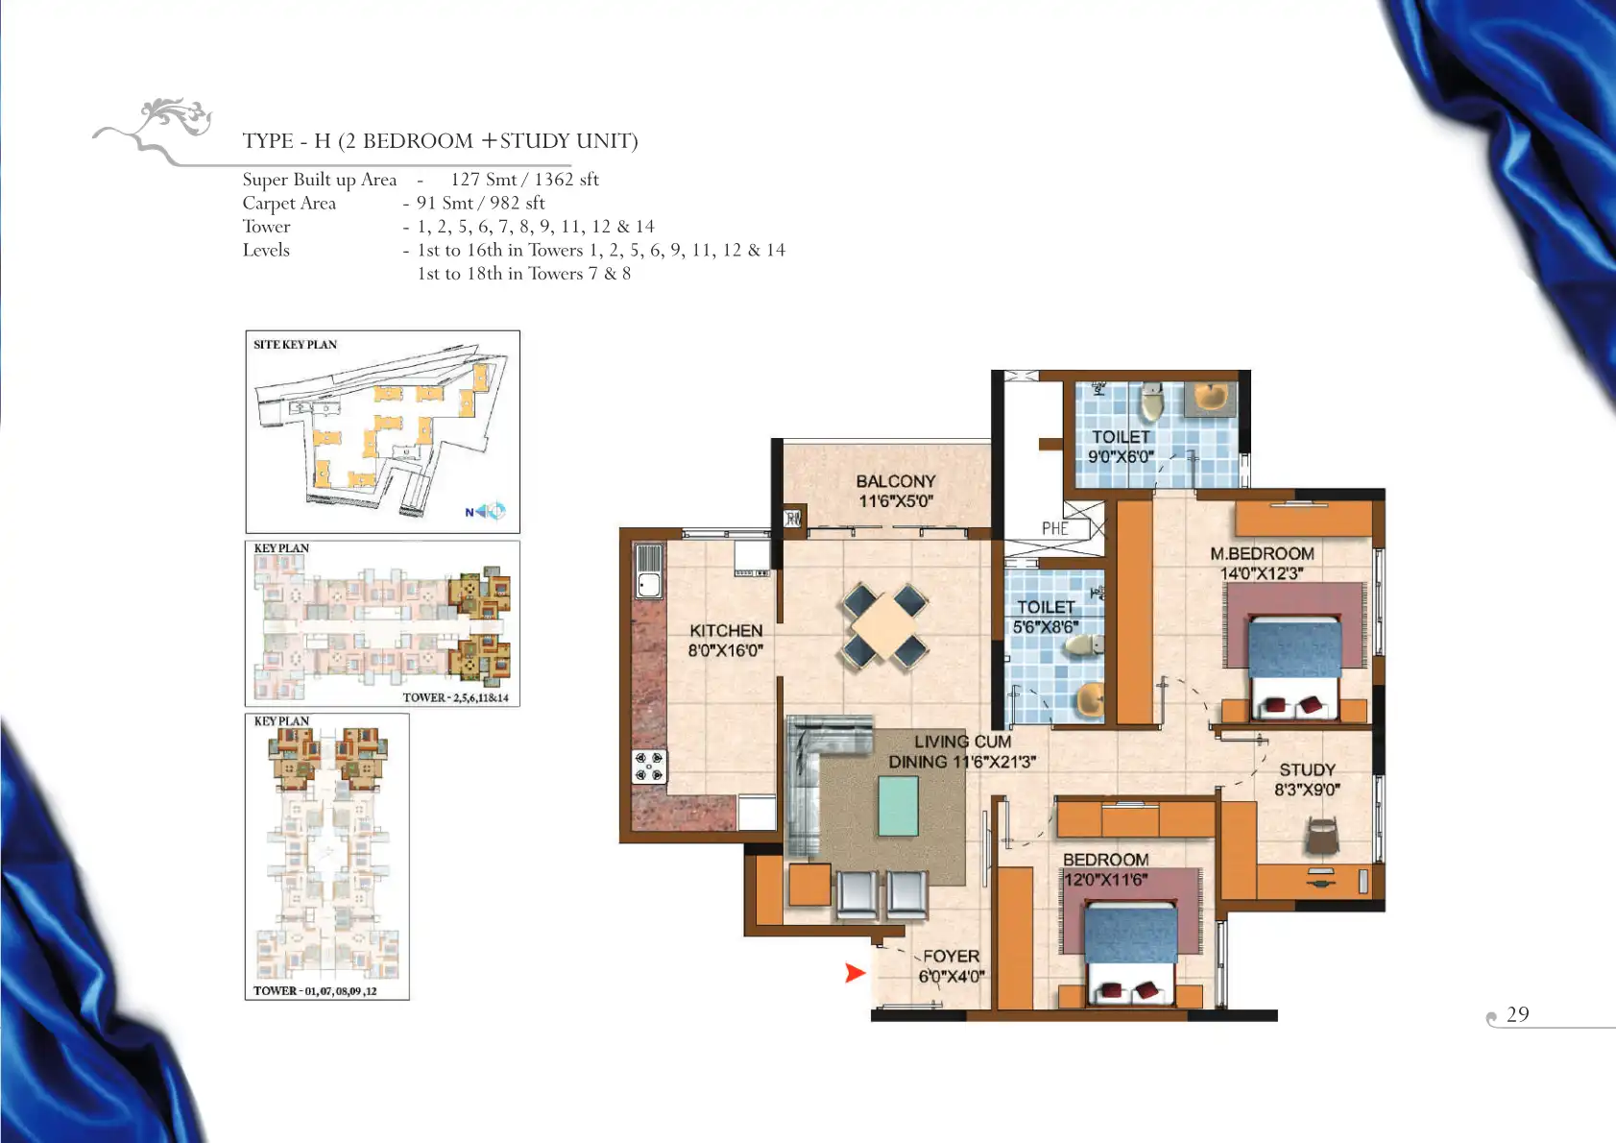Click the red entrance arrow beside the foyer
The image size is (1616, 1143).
coord(855,973)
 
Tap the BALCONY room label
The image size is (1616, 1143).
coord(896,481)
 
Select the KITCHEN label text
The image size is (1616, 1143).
coord(726,631)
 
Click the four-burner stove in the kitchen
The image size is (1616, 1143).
coord(649,767)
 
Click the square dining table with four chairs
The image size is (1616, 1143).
coord(883,626)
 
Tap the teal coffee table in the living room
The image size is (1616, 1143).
coord(898,806)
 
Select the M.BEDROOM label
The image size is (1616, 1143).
coord(1262,553)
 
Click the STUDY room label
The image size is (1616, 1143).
coord(1307,770)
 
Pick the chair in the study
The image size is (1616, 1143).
coord(1321,837)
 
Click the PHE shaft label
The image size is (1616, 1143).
coord(1054,529)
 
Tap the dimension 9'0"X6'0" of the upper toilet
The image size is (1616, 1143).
coord(1122,457)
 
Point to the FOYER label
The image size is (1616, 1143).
coord(952,957)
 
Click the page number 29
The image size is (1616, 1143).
coord(1518,1014)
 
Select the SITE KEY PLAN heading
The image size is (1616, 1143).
coord(295,345)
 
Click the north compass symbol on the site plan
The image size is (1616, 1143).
coord(486,512)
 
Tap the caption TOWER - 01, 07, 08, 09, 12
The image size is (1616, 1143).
coord(315,990)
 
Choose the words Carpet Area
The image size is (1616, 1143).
coord(289,204)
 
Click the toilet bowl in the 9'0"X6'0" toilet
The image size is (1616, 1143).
coord(1151,402)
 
